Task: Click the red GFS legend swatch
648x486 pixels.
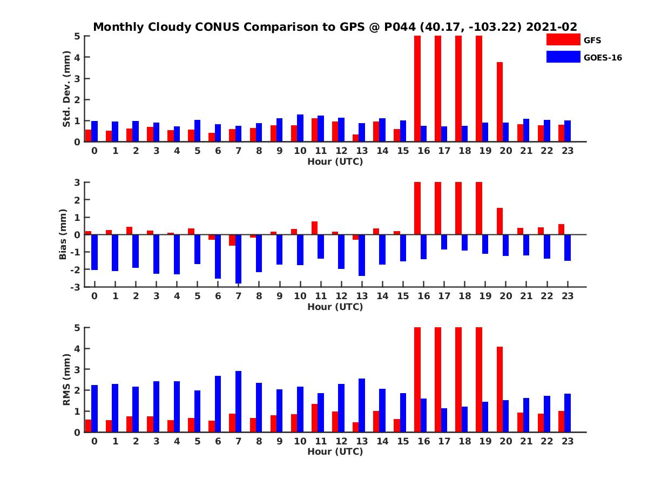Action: tap(563, 39)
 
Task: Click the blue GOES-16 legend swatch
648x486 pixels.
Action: tap(563, 57)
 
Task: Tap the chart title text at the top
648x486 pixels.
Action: tap(335, 27)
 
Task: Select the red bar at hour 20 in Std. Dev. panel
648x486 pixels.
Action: tap(500, 102)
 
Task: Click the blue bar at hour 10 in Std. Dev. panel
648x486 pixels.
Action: tap(300, 128)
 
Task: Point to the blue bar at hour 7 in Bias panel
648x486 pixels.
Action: tap(238, 259)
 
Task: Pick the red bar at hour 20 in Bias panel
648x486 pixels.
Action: tap(500, 221)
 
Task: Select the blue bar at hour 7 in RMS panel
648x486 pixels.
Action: tap(238, 401)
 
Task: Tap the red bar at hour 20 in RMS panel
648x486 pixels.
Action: tap(500, 389)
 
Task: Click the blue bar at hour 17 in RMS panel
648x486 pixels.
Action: tap(444, 420)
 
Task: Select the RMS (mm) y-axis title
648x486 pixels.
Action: tap(67, 380)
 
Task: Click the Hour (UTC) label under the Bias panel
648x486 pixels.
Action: tap(335, 307)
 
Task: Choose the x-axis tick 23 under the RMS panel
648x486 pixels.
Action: tap(568, 441)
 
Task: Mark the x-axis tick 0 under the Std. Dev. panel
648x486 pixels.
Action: tap(94, 151)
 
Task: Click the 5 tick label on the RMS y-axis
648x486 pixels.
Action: tap(78, 327)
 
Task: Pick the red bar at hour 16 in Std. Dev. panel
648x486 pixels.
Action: tap(417, 89)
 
